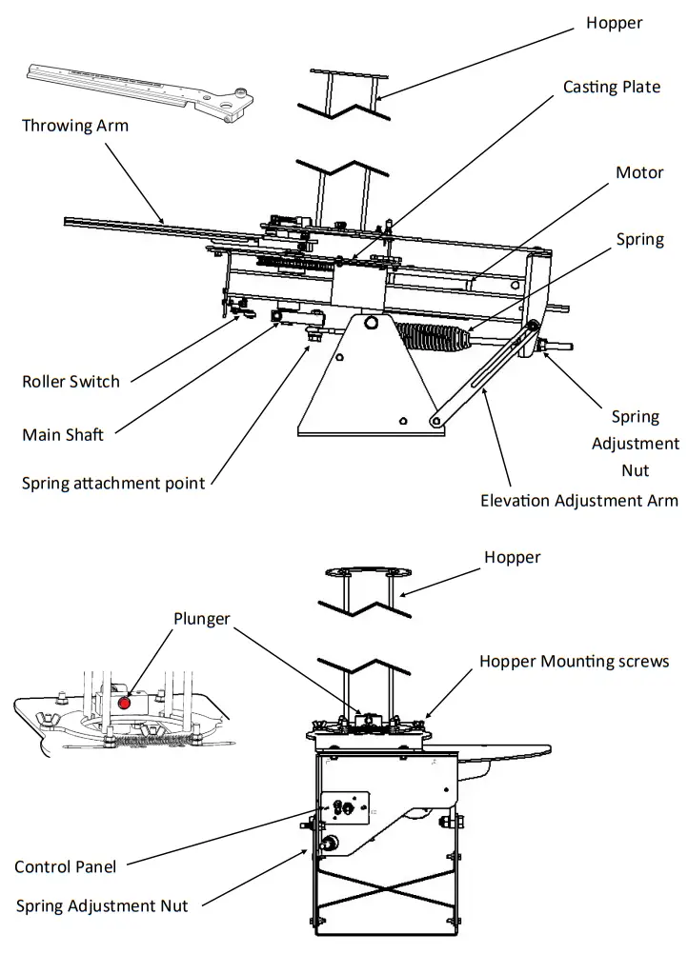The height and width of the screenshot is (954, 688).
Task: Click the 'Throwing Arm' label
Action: tap(75, 125)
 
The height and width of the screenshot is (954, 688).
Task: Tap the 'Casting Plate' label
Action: tap(611, 87)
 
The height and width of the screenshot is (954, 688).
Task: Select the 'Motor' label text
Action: tap(639, 172)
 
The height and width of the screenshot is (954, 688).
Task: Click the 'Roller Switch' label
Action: tap(71, 382)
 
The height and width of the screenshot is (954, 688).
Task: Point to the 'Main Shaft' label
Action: tap(63, 434)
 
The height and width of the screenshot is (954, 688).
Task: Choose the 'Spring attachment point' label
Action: tap(113, 483)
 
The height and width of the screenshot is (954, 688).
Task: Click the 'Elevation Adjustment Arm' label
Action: tap(579, 500)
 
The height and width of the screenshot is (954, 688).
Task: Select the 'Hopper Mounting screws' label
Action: tap(574, 661)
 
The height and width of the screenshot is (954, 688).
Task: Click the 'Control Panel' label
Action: tap(66, 866)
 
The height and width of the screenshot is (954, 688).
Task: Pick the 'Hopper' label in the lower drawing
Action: tap(513, 557)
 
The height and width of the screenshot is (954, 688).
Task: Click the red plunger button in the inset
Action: tap(125, 703)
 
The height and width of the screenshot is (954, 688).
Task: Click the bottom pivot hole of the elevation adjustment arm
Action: tap(435, 420)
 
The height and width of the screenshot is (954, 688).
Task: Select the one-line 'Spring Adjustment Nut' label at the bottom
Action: tap(102, 905)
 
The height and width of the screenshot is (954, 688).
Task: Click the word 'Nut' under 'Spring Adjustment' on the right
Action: tap(635, 470)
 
